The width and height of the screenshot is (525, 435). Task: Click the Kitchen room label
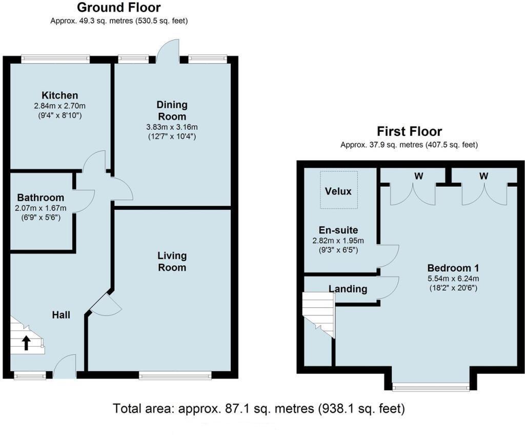[60, 95]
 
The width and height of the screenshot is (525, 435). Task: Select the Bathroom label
[41, 197]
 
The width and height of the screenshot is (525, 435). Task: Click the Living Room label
[172, 261]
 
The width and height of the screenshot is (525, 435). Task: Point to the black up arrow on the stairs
[26, 342]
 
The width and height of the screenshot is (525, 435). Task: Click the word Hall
[61, 314]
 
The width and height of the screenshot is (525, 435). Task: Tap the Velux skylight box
[338, 190]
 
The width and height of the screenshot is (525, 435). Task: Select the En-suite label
[338, 230]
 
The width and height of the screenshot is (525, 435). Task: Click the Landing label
[348, 289]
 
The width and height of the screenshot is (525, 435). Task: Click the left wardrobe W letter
[419, 176]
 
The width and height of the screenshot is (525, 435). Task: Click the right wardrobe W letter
[483, 176]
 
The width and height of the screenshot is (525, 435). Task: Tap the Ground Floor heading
[118, 8]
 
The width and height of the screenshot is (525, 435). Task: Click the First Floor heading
[409, 131]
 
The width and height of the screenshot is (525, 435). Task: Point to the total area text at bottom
[259, 409]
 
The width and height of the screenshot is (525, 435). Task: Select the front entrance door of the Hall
[65, 367]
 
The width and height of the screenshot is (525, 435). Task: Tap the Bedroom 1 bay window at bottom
[430, 387]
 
